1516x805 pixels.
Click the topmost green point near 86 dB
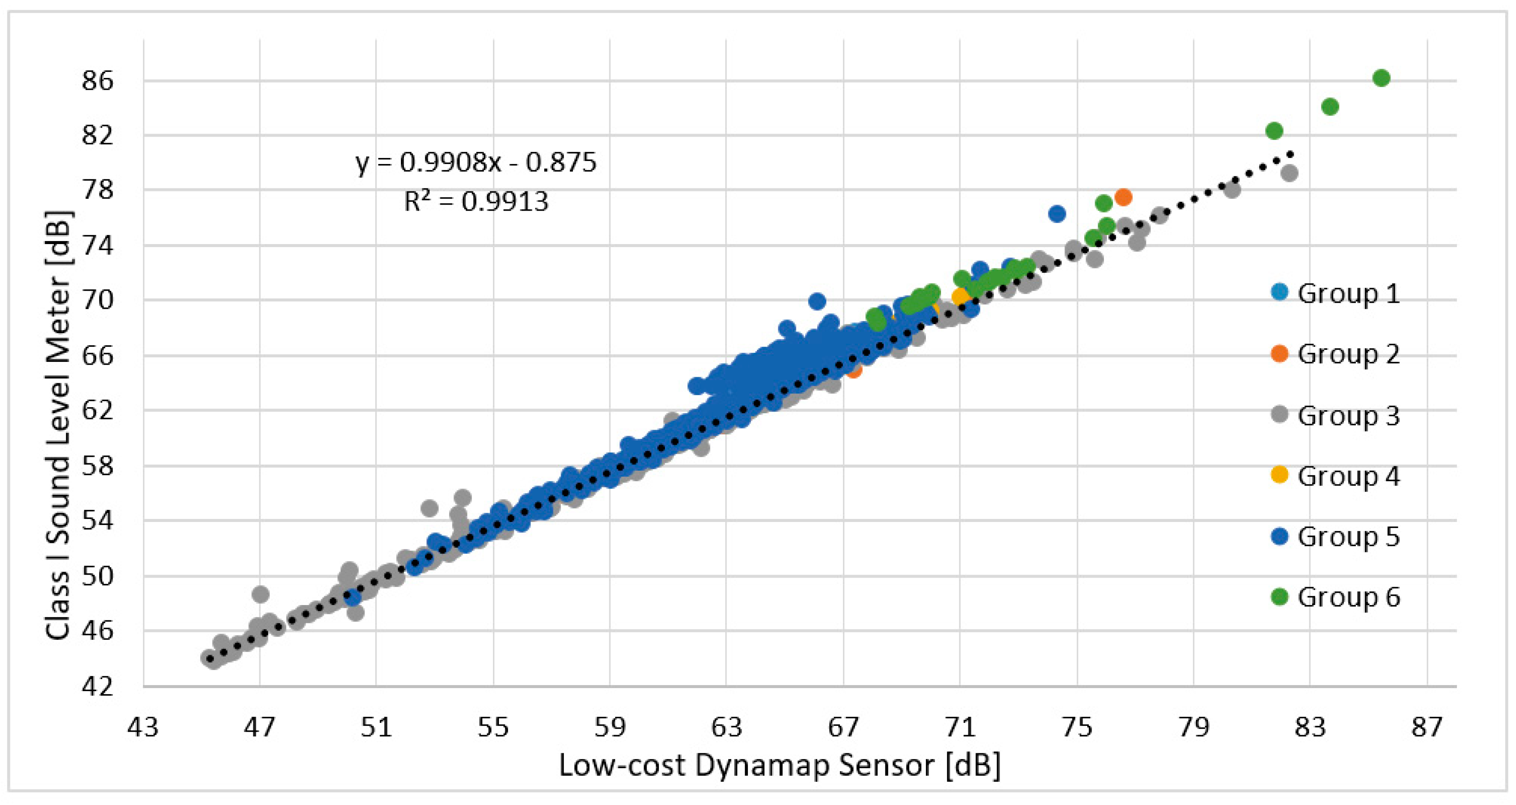click(x=1381, y=78)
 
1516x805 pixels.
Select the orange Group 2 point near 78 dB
click(x=1123, y=197)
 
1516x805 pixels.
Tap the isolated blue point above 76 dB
click(x=1057, y=213)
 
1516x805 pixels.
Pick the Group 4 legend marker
click(x=1279, y=474)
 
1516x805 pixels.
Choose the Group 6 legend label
click(x=1348, y=597)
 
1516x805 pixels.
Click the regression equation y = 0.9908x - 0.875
click(x=475, y=162)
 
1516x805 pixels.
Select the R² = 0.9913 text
click(x=475, y=201)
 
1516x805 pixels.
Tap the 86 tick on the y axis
click(x=98, y=80)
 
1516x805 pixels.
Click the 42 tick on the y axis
click(x=98, y=687)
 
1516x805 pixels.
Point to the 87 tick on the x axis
click(x=1427, y=728)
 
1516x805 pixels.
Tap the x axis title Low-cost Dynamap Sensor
click(x=779, y=766)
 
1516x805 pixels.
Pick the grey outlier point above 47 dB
click(x=261, y=594)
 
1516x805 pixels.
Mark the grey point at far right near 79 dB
click(x=1289, y=173)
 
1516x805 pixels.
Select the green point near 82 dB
click(x=1274, y=131)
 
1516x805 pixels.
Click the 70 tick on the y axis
click(x=98, y=300)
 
